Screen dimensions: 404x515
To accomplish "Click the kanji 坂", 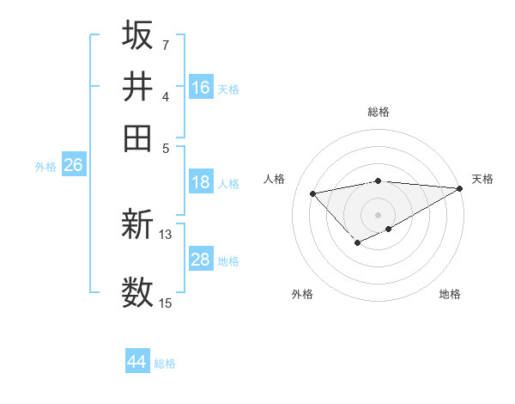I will pos(137,35).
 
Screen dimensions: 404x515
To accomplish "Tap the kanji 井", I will pos(137,86).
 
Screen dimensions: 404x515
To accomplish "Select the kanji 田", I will pos(137,137).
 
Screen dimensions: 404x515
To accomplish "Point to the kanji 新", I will pos(137,226).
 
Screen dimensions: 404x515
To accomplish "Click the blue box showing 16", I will pos(201,87).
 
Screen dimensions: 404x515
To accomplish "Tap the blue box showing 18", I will pos(201,182).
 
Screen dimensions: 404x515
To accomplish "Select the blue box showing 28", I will pos(201,260).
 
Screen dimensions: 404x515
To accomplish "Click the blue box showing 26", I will pos(73,166).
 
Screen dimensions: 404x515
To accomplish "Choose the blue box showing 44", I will pos(137,362).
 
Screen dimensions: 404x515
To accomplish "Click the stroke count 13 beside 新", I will pos(166,234).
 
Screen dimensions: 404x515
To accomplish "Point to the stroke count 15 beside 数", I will pos(166,303).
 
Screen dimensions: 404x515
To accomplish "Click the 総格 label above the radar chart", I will pos(379,112).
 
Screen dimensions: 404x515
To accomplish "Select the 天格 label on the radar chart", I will pos(482,179).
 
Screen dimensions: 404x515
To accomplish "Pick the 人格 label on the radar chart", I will pos(275,179).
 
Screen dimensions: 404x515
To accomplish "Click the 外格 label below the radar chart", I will pos(302,294).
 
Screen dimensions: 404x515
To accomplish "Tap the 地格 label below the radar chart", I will pos(450,294).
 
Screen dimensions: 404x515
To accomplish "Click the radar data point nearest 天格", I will pos(460,188).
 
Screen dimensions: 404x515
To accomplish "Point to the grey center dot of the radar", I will pos(379,214).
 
